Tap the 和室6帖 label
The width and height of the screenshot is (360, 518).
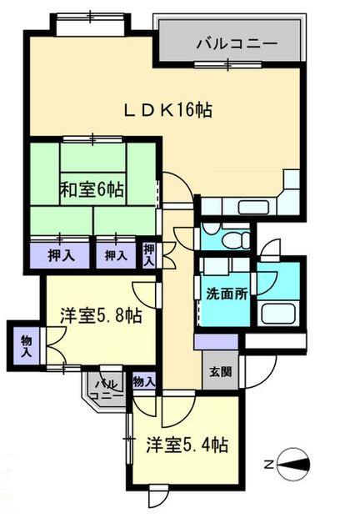tap(92, 189)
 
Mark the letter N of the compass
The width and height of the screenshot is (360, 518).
tap(269, 464)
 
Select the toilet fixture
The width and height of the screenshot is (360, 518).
tap(236, 240)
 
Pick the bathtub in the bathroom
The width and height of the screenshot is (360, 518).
tap(276, 314)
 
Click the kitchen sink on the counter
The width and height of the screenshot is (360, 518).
tap(251, 207)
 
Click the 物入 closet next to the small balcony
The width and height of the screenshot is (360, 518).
tap(143, 381)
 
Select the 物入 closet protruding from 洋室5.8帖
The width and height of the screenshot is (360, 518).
tap(26, 344)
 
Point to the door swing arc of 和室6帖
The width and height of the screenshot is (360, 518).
tap(172, 187)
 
